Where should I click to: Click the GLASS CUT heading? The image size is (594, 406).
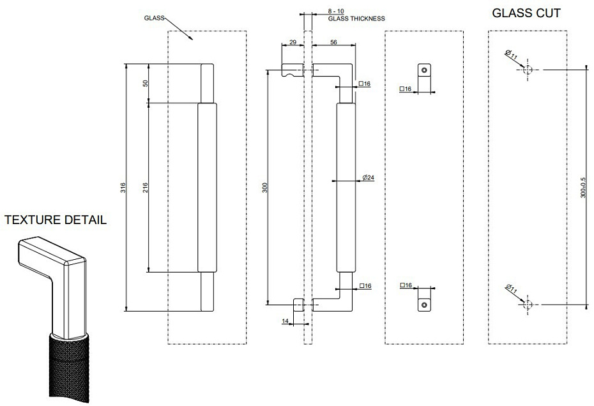click(x=526, y=13)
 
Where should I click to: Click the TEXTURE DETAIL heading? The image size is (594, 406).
click(x=56, y=220)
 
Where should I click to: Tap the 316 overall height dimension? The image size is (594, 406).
click(x=123, y=188)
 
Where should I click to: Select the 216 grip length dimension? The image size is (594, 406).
click(x=146, y=188)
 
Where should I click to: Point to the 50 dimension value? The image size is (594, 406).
click(x=146, y=84)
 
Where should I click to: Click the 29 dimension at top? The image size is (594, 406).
click(x=293, y=42)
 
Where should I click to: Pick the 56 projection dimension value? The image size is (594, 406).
click(x=333, y=42)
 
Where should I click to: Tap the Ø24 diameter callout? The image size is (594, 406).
click(x=369, y=177)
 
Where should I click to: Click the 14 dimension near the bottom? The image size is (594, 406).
click(x=286, y=321)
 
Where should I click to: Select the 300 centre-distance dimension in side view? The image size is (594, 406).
click(x=265, y=188)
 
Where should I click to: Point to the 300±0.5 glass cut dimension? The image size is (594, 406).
click(x=583, y=188)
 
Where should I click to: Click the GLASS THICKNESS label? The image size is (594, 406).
click(x=356, y=18)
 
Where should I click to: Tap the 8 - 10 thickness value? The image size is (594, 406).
click(x=335, y=11)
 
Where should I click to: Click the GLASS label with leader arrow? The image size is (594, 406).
click(x=154, y=18)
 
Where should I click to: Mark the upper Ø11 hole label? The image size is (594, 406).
click(x=511, y=55)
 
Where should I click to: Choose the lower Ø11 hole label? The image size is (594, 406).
click(x=511, y=289)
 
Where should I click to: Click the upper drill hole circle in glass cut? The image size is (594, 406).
click(x=528, y=70)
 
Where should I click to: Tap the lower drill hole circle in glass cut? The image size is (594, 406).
click(x=528, y=304)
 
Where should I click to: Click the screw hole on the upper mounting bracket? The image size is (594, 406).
click(x=424, y=70)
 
